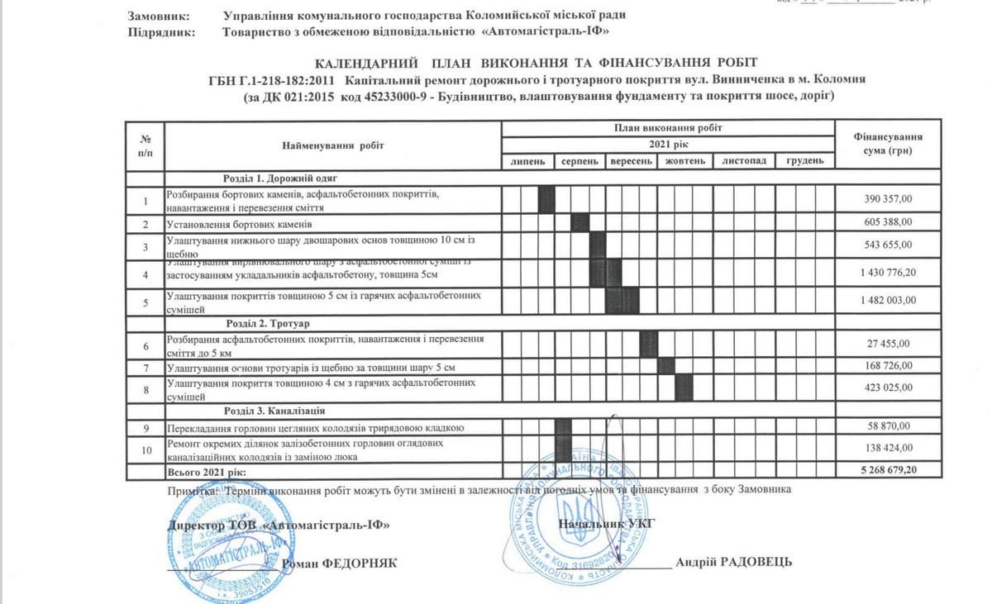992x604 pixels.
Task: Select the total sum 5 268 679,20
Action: pos(889,470)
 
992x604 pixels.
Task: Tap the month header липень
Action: pos(527,161)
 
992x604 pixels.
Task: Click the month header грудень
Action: pos(804,161)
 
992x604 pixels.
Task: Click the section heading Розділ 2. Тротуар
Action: pos(268,323)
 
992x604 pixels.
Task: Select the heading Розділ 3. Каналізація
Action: pos(274,411)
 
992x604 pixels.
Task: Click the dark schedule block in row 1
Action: pos(546,200)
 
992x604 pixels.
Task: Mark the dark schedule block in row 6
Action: pos(649,343)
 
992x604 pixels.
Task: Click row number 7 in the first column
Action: pos(145,366)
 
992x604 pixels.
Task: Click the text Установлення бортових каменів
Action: pos(240,224)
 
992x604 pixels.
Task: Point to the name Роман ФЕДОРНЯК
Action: pos(340,563)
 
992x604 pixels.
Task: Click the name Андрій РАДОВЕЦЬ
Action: pos(733,562)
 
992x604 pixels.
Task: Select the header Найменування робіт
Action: pos(333,145)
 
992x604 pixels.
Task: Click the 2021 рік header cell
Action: pos(668,145)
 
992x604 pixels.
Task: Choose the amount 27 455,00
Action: pos(889,343)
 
